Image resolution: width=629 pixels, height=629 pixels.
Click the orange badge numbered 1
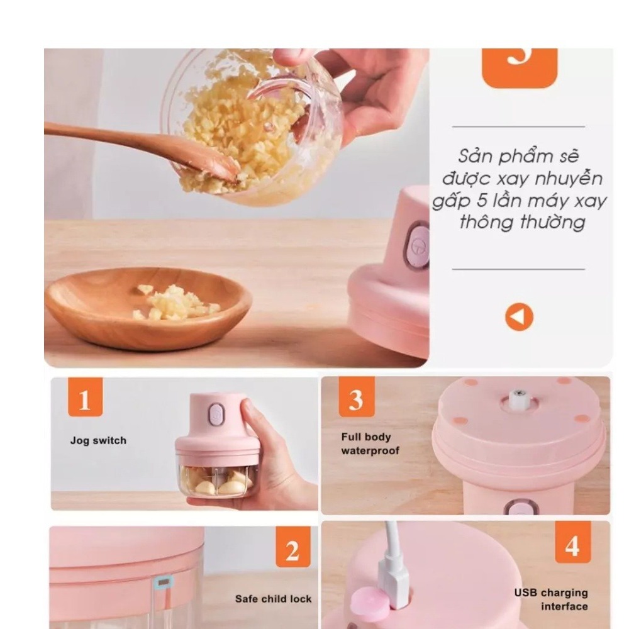tap(85, 397)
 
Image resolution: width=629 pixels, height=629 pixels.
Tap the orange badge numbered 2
tap(293, 547)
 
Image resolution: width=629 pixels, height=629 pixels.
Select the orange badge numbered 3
tap(357, 397)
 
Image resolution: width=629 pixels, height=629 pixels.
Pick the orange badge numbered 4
tap(573, 542)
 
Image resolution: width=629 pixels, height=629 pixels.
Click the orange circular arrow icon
tap(519, 317)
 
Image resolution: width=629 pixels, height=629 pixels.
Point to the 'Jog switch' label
tap(98, 440)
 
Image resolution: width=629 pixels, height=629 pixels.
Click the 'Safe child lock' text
tap(273, 599)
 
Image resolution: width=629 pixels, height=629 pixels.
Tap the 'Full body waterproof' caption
tap(370, 443)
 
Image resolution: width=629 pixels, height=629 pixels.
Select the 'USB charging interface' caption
tap(551, 599)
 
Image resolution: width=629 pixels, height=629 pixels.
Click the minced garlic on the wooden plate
tap(177, 303)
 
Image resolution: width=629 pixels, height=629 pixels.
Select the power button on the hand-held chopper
tap(216, 415)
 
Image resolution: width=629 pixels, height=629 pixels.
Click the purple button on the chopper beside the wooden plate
tap(417, 247)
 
